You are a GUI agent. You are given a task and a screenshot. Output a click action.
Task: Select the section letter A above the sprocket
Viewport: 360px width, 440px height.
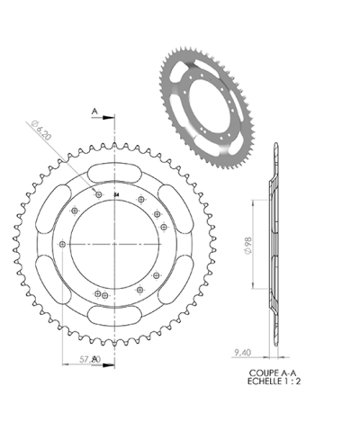point(94,111)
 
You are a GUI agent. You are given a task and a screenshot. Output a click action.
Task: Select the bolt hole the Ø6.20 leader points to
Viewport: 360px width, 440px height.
point(97,194)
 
